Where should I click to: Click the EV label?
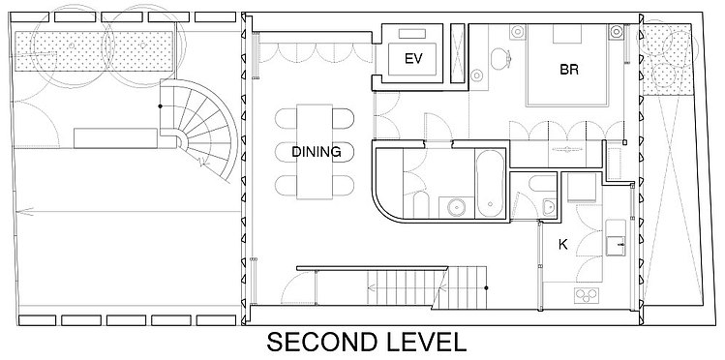413,59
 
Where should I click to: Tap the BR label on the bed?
569,70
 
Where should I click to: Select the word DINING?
317,152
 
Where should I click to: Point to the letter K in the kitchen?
562,245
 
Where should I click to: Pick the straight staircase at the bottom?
427,287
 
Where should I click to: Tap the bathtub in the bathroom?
491,183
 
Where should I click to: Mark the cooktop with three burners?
587,295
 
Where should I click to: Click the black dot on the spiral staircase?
160,106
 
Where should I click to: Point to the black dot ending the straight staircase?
487,288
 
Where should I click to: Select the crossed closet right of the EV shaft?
457,53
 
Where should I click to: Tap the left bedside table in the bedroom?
518,31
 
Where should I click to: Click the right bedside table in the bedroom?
616,31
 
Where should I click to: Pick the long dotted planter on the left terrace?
94,51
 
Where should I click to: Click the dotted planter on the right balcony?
668,60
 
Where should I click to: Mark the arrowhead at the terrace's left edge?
24,212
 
